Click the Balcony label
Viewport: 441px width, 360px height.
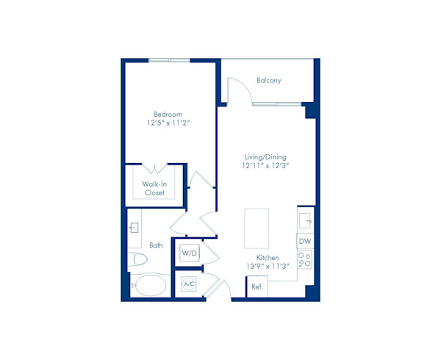coord(269,80)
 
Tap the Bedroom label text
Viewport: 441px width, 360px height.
coord(168,114)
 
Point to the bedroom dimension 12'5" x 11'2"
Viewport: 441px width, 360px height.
coord(168,123)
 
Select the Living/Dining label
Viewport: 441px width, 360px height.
coord(266,156)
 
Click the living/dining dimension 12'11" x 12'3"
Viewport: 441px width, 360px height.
coord(266,166)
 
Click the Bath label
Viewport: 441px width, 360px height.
coord(156,245)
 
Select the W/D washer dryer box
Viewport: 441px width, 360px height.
coord(189,253)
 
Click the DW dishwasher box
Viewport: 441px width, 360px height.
coord(304,241)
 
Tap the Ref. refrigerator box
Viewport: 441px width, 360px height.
coord(257,287)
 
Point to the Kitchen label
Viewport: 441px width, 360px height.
coord(268,257)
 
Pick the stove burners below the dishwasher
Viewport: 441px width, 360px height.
coord(304,259)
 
